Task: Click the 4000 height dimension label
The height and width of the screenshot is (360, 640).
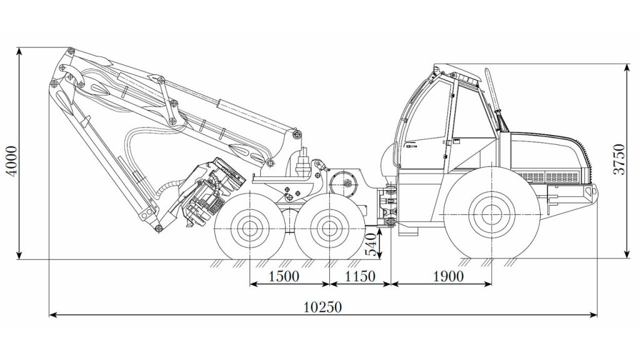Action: [x=12, y=161]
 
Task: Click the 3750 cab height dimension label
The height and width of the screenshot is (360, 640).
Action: [x=619, y=159]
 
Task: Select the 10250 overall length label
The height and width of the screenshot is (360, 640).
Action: [x=322, y=306]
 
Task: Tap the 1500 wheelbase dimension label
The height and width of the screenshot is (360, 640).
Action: [x=284, y=276]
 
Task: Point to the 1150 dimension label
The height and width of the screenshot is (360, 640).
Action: [x=360, y=276]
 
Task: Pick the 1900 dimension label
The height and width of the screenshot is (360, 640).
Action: [x=448, y=276]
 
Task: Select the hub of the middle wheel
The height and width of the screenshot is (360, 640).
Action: [x=329, y=229]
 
